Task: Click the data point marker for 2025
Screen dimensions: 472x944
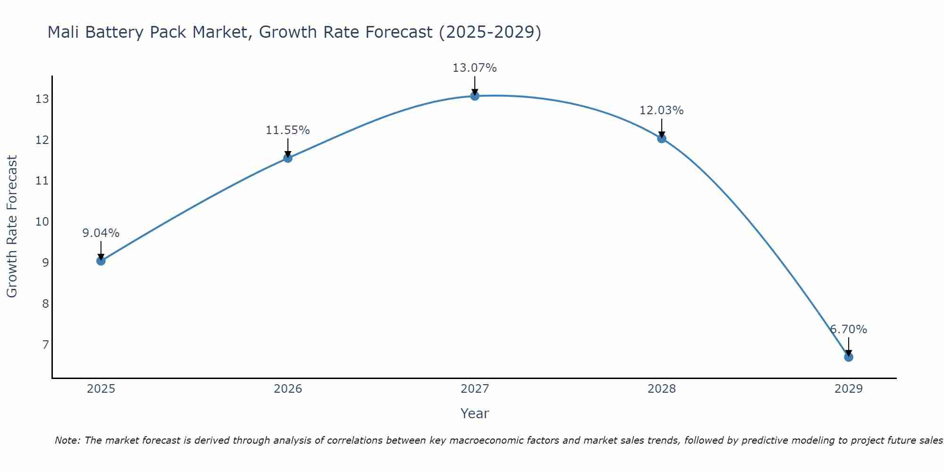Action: click(x=101, y=261)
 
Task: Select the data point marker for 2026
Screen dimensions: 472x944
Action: click(x=287, y=158)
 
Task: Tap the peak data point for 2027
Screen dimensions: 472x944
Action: click(x=474, y=96)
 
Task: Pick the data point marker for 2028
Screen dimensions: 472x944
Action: click(x=661, y=138)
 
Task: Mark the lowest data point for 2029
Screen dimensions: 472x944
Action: click(x=848, y=357)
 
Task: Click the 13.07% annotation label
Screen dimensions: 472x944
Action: click(x=474, y=68)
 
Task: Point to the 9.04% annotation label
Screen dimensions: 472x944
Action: click(x=101, y=233)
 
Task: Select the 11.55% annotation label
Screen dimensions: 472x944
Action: click(x=287, y=130)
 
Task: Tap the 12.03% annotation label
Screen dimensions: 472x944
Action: click(x=661, y=110)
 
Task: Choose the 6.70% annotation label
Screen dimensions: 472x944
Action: click(x=848, y=329)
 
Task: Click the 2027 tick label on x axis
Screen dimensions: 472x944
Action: click(x=474, y=389)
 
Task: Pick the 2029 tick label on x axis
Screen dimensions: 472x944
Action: click(x=848, y=389)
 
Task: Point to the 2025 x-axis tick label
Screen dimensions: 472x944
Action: click(x=101, y=389)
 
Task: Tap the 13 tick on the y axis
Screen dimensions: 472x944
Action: click(x=42, y=99)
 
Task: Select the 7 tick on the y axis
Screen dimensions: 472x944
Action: click(x=45, y=345)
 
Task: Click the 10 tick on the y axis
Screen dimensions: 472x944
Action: click(x=42, y=222)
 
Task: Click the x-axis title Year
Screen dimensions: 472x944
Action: click(x=474, y=413)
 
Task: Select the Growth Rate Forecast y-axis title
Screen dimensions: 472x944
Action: click(x=12, y=227)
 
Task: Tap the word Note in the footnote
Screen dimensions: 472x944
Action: click(x=67, y=440)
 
